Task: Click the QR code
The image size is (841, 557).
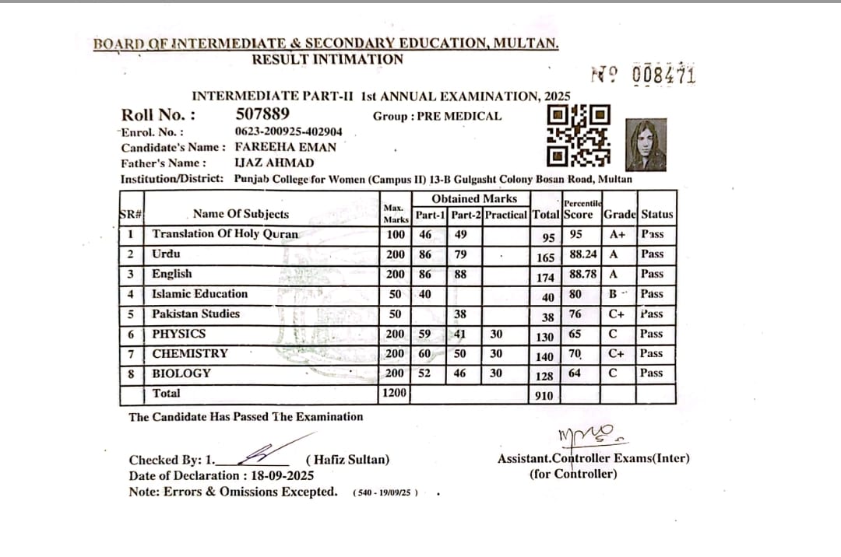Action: [579, 136]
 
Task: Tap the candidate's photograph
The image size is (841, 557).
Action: [646, 145]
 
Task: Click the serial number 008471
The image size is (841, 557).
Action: [664, 75]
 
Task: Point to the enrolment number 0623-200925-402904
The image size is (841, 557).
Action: [288, 131]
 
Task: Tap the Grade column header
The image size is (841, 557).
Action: [620, 215]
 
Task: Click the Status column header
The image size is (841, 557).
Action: [657, 215]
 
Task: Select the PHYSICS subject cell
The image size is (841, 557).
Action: [179, 334]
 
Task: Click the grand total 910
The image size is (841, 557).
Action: [544, 396]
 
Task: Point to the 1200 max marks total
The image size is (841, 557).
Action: [395, 394]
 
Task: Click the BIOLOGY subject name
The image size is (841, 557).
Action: [181, 373]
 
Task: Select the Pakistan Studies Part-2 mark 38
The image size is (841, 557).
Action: [460, 314]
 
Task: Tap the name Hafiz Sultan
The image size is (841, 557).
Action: [350, 460]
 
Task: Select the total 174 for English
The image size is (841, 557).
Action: [545, 278]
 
